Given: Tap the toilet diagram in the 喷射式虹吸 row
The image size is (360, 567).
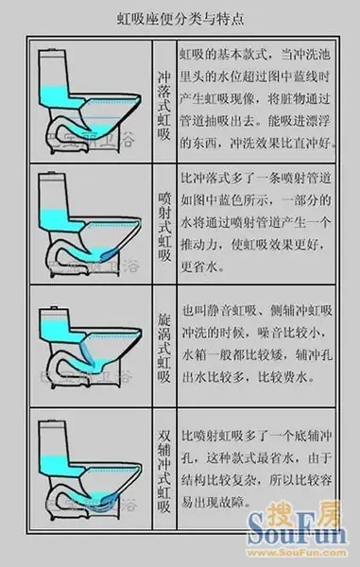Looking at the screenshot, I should click(90, 227).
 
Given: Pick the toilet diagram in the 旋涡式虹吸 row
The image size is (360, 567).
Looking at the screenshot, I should click(90, 350).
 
